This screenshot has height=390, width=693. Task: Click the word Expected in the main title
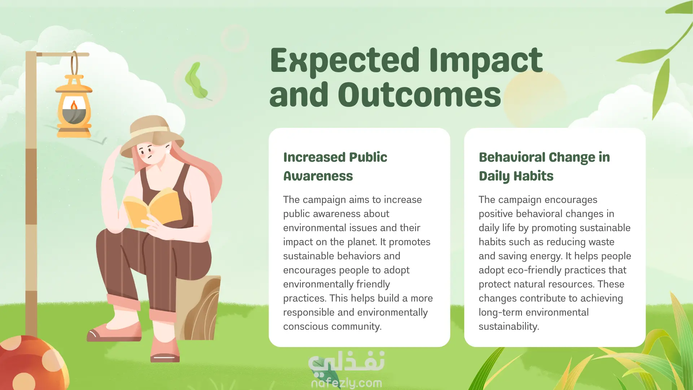[345, 61]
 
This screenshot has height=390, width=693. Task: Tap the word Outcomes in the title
[419, 95]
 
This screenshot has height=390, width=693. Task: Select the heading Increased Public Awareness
[335, 166]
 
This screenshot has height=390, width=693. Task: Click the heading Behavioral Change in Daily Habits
[544, 166]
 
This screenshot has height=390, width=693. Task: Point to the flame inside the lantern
[74, 105]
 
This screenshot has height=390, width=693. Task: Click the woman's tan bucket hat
[152, 135]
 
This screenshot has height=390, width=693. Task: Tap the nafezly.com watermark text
[346, 383]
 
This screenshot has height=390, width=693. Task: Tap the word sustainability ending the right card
[509, 327]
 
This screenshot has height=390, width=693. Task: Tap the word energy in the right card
[546, 256]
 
